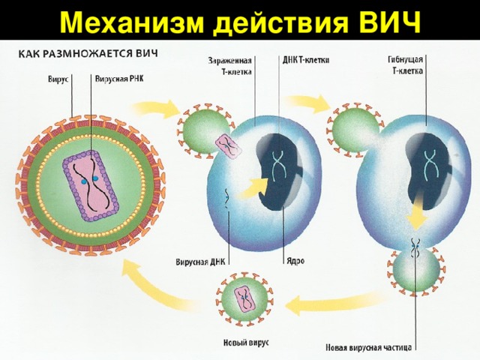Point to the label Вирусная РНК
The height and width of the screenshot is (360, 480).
coord(118,77)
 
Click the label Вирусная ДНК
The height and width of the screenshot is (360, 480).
coord(200,262)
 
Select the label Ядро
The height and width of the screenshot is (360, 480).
coord(295,260)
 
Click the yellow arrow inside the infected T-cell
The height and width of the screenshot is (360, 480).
coord(256,187)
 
